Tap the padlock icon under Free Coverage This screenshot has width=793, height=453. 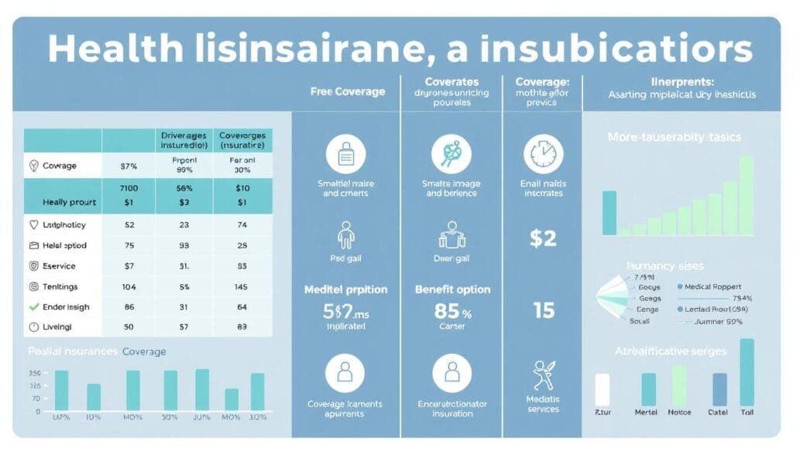[x=345, y=153]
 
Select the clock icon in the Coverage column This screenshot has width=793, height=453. [x=543, y=153]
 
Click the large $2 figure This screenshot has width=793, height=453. [x=543, y=238]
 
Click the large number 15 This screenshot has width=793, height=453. [x=544, y=311]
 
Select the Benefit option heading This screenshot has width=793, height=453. [x=453, y=289]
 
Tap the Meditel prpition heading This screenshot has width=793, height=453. [x=345, y=289]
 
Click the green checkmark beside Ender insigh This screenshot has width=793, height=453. [x=33, y=307]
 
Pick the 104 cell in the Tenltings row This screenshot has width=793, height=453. [x=129, y=287]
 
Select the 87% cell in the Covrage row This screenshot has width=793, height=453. [x=129, y=165]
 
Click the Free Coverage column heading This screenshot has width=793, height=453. [x=347, y=91]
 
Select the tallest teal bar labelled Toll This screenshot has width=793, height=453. [x=747, y=372]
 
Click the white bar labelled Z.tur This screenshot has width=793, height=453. [x=602, y=390]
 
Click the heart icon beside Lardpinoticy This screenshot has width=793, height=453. [x=33, y=225]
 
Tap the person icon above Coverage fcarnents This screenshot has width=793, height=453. [x=345, y=373]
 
